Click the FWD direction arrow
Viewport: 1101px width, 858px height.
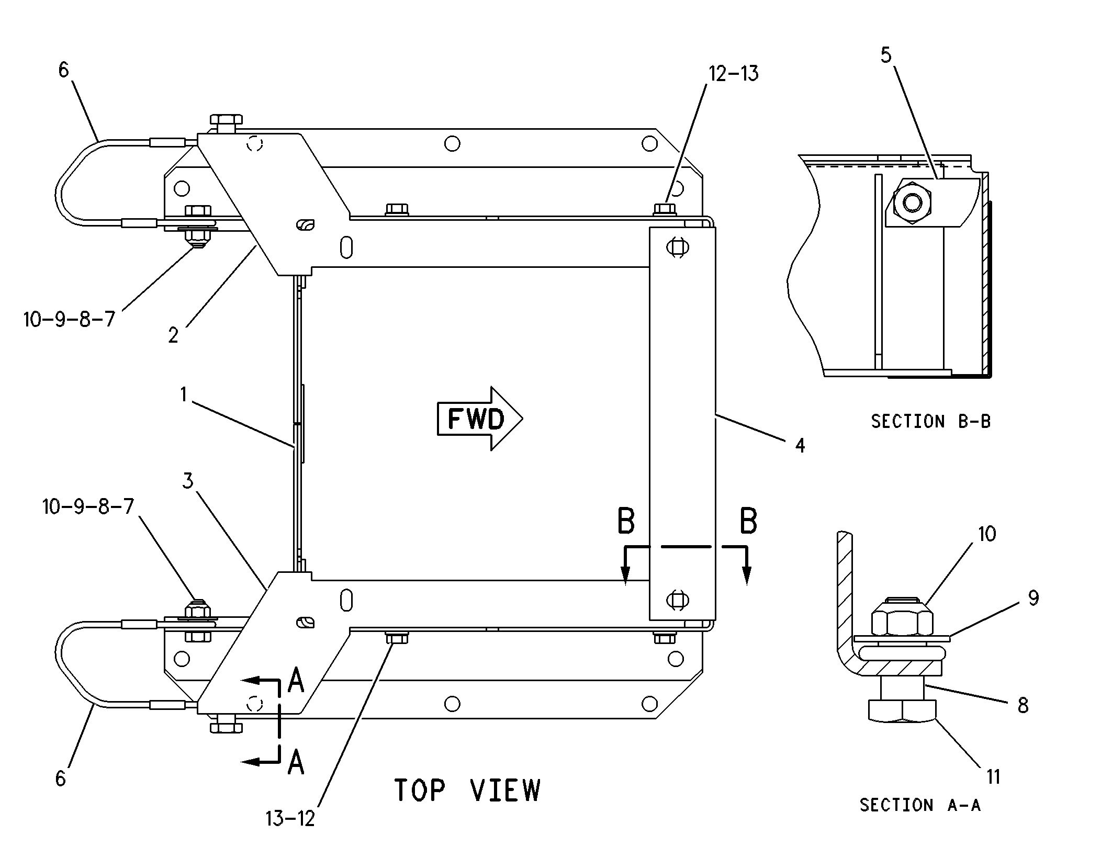point(480,419)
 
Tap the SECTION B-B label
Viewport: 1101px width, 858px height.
point(931,421)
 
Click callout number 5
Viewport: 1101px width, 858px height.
point(885,55)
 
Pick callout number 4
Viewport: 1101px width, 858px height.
point(800,445)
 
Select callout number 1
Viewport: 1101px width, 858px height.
point(183,394)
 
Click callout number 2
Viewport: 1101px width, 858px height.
point(173,335)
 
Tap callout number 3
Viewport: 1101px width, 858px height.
point(188,480)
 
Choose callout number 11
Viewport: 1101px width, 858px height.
point(993,776)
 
